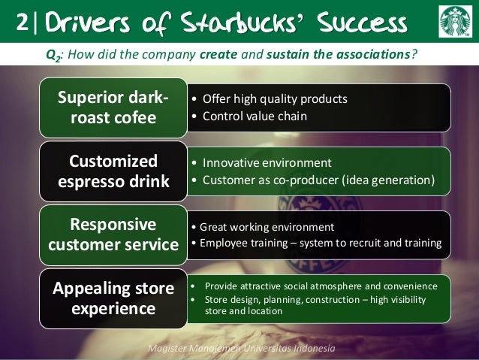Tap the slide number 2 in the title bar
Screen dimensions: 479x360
[x=20, y=23]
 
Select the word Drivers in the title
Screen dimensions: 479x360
[x=86, y=23]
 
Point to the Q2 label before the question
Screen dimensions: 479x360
[x=52, y=54]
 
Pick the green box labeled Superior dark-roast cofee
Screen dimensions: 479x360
[x=113, y=108]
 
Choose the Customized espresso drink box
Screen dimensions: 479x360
[x=113, y=171]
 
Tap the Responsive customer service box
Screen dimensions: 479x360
[x=113, y=234]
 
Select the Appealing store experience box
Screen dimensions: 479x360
[x=113, y=298]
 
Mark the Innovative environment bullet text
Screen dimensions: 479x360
[x=267, y=163]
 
